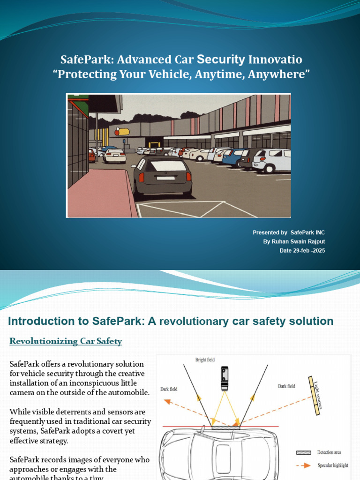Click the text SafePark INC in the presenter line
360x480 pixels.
pyautogui.click(x=307, y=232)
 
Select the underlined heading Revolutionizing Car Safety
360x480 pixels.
pyautogui.click(x=66, y=341)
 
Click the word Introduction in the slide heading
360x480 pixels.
pyautogui.click(x=37, y=321)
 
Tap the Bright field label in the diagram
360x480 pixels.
pyautogui.click(x=205, y=360)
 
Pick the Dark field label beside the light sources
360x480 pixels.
pyautogui.click(x=286, y=386)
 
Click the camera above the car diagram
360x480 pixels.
pyautogui.click(x=225, y=378)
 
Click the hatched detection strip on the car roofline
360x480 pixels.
pyautogui.click(x=225, y=427)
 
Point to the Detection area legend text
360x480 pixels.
pyautogui.click(x=329, y=452)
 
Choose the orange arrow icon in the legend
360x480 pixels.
pyautogui.click(x=304, y=465)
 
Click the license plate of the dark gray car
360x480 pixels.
pyautogui.click(x=165, y=178)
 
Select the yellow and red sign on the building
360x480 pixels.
pyautogui.click(x=122, y=132)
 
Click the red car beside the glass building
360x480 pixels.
pyautogui.click(x=91, y=155)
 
